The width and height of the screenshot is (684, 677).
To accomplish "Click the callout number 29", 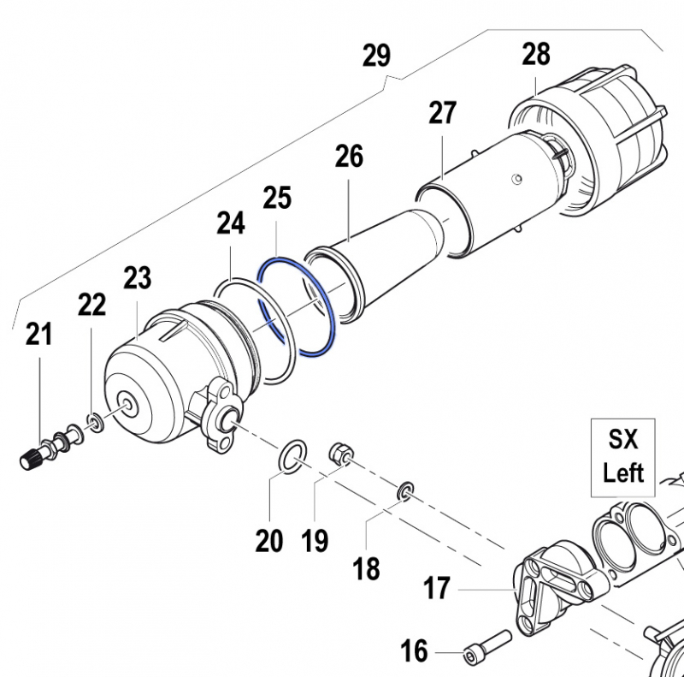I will tap(376, 56).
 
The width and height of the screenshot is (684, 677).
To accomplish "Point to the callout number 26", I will tap(349, 156).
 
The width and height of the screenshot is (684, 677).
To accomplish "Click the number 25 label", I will tap(278, 198).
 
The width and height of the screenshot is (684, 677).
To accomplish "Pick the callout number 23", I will tap(137, 277).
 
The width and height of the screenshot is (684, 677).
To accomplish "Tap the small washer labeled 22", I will tap(94, 422).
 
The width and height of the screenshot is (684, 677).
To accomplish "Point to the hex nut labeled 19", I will tap(340, 451).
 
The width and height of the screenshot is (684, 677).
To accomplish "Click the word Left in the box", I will tap(623, 472).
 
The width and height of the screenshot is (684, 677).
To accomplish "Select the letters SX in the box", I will tap(623, 440).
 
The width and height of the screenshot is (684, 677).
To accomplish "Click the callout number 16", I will tap(415, 651).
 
